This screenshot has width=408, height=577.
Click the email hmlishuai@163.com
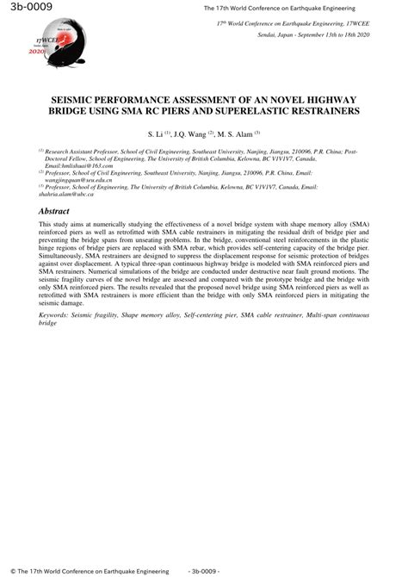coord(70,165)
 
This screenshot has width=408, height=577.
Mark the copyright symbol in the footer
coord(8,570)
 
